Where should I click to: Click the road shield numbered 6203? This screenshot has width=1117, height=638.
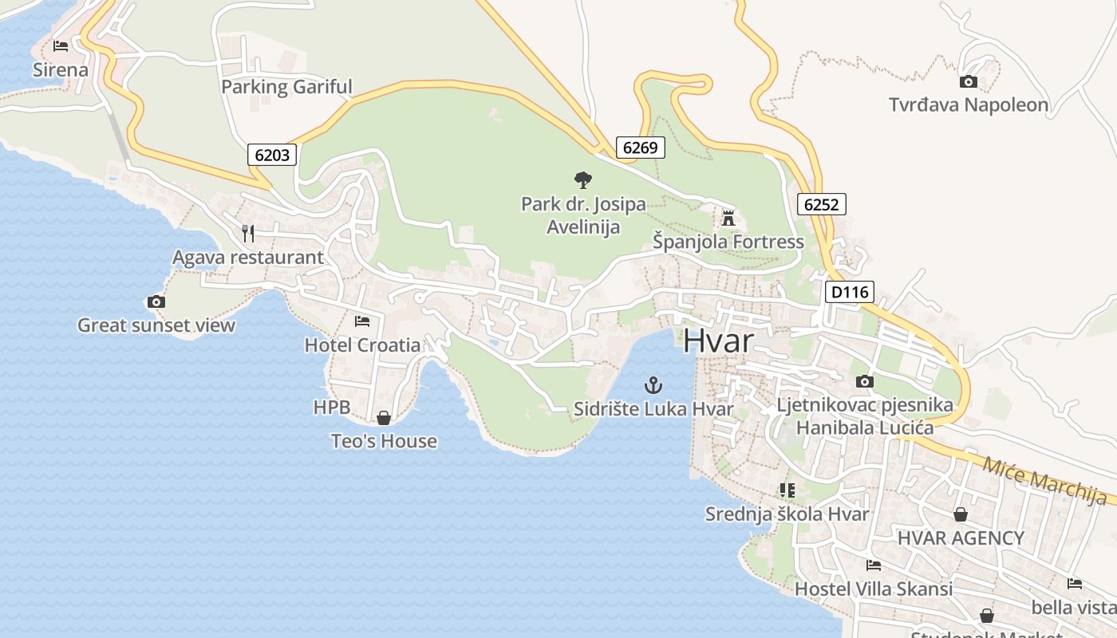click(x=272, y=155)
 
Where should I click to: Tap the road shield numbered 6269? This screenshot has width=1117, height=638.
click(x=640, y=147)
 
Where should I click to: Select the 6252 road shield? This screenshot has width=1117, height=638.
click(x=821, y=204)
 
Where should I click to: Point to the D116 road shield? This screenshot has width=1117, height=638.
click(x=849, y=292)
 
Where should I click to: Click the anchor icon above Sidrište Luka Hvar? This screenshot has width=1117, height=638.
click(x=653, y=386)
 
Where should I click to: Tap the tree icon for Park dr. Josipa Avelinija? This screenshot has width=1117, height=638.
click(x=583, y=180)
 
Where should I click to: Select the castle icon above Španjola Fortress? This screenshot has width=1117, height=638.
click(x=728, y=218)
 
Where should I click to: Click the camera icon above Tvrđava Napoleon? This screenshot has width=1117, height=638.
click(x=968, y=81)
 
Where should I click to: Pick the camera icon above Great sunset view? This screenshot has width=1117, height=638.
click(x=156, y=301)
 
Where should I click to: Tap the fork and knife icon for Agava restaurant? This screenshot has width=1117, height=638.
click(x=248, y=233)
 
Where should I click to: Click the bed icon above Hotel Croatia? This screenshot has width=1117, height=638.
click(x=362, y=321)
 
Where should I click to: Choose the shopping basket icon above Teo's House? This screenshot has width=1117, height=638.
click(x=384, y=418)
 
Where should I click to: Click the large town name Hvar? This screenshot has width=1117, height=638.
click(x=718, y=341)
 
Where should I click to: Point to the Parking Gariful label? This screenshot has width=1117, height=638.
click(x=286, y=86)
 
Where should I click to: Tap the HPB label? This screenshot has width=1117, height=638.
click(x=332, y=408)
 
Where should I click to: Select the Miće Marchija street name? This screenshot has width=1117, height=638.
click(x=1044, y=481)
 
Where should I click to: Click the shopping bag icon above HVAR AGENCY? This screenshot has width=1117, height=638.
click(x=961, y=514)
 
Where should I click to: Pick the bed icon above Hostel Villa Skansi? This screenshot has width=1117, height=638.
click(x=874, y=565)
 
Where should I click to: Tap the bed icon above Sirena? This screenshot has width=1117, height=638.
click(x=61, y=46)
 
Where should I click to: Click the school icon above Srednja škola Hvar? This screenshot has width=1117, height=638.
click(x=787, y=490)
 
